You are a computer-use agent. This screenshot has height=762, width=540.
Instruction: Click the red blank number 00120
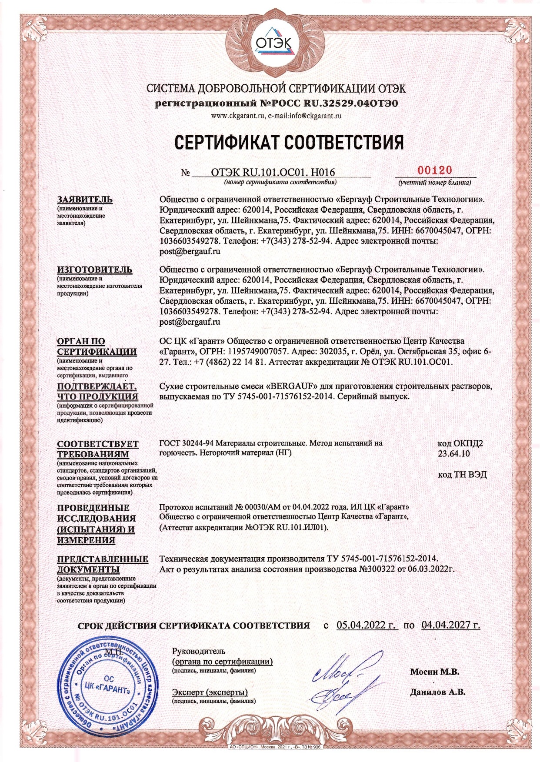[435, 170]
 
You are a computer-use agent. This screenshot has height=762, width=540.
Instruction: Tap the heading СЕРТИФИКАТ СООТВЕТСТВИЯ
[289, 142]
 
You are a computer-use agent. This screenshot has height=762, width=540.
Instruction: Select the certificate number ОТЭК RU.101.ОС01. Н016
[273, 172]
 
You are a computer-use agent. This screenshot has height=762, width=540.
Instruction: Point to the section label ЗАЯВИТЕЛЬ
[85, 200]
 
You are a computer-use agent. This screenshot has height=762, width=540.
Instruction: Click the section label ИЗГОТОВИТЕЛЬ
[95, 270]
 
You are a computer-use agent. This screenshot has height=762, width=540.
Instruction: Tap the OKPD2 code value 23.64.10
[453, 454]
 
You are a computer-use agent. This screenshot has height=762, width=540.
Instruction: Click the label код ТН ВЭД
[462, 474]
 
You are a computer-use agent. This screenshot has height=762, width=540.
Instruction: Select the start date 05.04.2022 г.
[367, 626]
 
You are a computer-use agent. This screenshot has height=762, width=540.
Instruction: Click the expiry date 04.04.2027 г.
[451, 626]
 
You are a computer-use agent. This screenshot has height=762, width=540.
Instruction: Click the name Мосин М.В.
[435, 672]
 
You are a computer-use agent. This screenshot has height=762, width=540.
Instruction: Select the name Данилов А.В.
[437, 692]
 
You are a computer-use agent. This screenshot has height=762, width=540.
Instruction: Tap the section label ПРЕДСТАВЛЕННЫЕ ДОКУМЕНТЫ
[103, 564]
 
